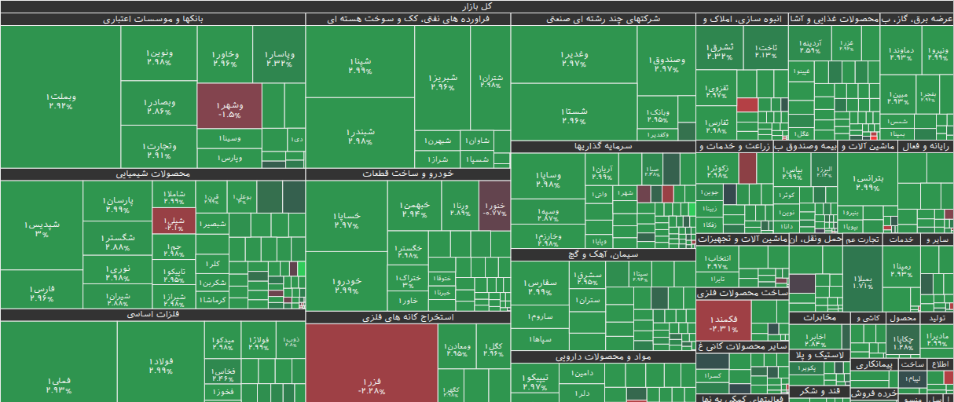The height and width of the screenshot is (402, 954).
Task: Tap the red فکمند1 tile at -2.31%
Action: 723,320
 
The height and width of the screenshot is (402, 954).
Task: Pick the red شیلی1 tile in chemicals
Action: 168,222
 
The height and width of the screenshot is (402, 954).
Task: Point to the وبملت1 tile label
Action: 61,100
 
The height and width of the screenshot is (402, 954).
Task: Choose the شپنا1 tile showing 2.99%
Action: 359,64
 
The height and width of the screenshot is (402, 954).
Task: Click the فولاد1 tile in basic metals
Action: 160,366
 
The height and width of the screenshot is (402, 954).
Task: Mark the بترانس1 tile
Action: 866,182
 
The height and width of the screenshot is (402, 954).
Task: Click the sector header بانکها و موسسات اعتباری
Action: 152,19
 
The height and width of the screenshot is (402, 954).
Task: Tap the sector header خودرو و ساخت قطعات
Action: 408,174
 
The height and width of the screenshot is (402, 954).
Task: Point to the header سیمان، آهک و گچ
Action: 603,254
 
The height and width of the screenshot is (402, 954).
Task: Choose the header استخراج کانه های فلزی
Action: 408,317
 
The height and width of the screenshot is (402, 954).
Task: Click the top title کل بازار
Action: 476,6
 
